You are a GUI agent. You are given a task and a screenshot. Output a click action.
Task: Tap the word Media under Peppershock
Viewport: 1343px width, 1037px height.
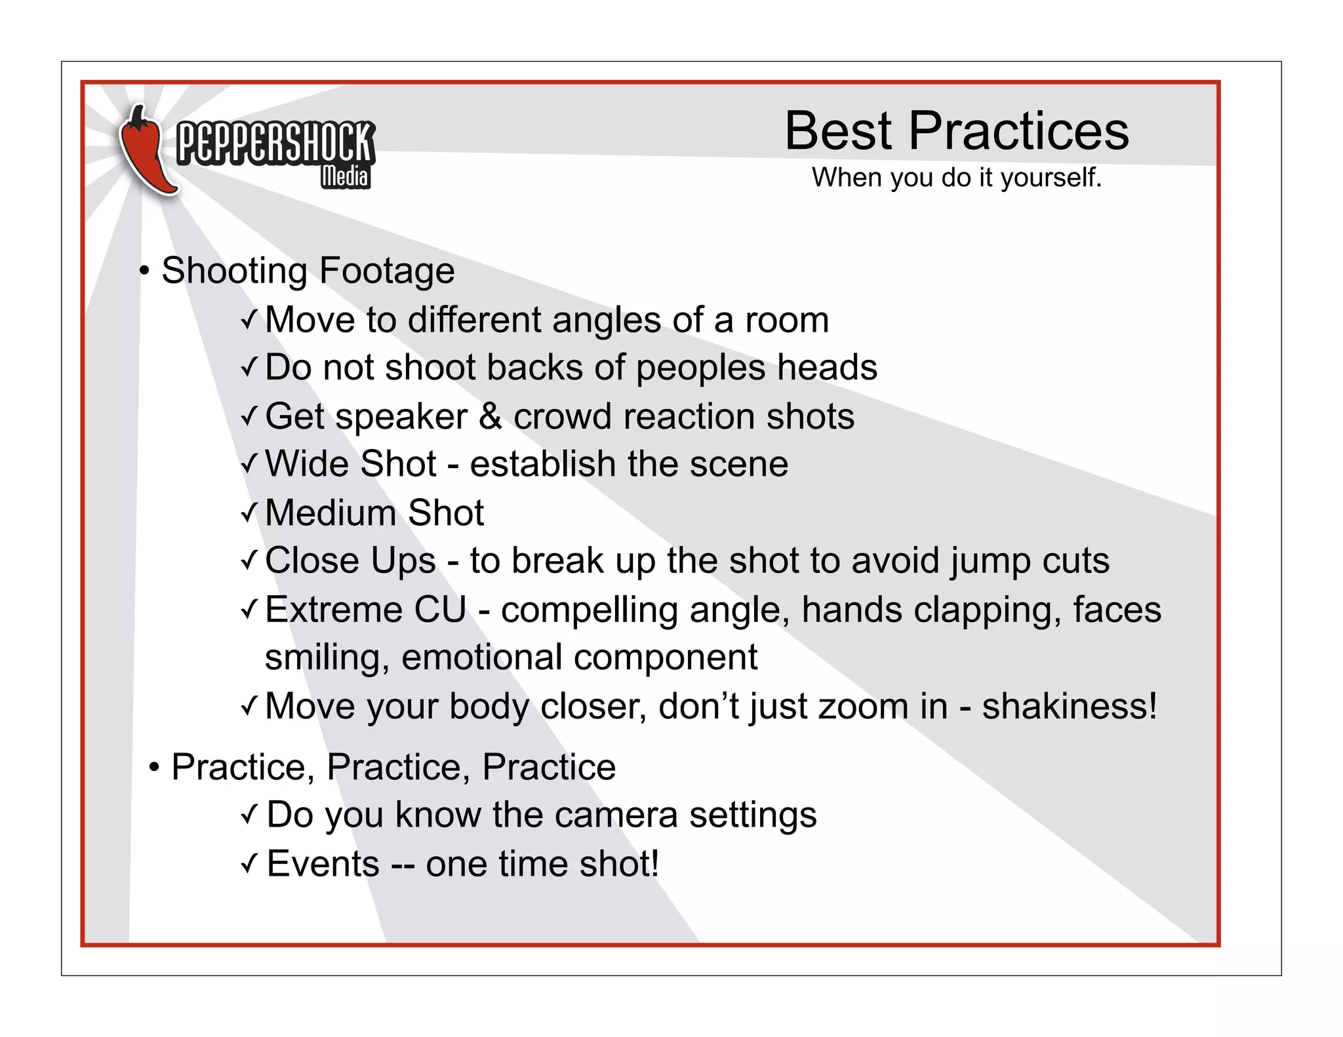345,176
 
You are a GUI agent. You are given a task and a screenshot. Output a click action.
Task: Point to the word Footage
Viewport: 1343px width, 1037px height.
387,271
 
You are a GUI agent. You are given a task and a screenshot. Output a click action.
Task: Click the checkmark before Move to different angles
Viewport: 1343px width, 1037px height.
249,321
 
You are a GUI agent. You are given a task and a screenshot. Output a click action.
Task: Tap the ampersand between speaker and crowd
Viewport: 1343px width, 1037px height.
490,416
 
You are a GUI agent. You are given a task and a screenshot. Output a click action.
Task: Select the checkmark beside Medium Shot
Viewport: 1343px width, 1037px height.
249,513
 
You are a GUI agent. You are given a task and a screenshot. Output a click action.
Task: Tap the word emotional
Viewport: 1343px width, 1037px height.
482,657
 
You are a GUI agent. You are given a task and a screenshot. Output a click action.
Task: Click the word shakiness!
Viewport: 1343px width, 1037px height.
1069,707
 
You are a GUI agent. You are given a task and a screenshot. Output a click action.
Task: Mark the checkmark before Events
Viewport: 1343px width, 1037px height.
249,864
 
